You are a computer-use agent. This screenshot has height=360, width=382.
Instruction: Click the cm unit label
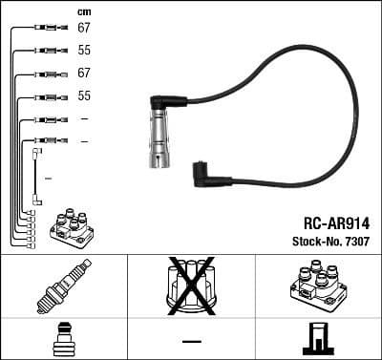click(83, 11)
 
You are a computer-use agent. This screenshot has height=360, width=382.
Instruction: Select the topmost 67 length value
click(84, 28)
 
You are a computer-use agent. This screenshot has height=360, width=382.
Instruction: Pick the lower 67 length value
click(84, 74)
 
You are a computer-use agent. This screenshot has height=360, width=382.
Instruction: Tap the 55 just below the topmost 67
click(84, 51)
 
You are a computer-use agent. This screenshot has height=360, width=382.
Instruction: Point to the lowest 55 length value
click(84, 96)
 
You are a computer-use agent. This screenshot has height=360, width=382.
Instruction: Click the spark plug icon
click(63, 287)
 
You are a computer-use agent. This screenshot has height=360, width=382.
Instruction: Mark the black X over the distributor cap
click(191, 284)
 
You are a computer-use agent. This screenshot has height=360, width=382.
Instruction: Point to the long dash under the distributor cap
click(192, 341)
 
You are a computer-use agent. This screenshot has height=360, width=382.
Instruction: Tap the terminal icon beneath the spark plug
click(63, 340)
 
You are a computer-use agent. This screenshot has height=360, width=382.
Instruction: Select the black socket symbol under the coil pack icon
click(317, 340)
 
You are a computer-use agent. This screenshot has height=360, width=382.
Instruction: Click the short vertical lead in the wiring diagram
click(36, 177)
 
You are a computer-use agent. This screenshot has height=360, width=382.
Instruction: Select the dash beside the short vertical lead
click(48, 179)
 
